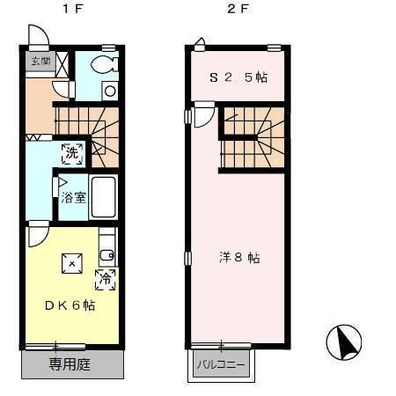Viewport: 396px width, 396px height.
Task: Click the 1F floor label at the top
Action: (x=69, y=11)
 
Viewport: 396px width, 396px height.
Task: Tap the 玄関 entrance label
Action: (x=40, y=61)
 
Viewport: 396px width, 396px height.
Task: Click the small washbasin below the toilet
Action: (x=109, y=89)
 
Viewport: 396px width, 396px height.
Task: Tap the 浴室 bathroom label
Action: (x=73, y=197)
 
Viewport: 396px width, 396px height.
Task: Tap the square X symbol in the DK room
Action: (x=71, y=263)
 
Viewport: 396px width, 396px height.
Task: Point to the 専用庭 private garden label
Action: (x=70, y=364)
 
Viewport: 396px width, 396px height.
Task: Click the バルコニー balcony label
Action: (x=219, y=364)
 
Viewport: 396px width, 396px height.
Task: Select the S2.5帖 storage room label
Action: (x=238, y=77)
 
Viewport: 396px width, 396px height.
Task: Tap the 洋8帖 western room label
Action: (x=239, y=258)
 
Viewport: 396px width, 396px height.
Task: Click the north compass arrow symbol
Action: (x=344, y=341)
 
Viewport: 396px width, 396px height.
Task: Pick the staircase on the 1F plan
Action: (x=87, y=123)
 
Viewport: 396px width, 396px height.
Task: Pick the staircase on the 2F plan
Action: (x=252, y=138)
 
